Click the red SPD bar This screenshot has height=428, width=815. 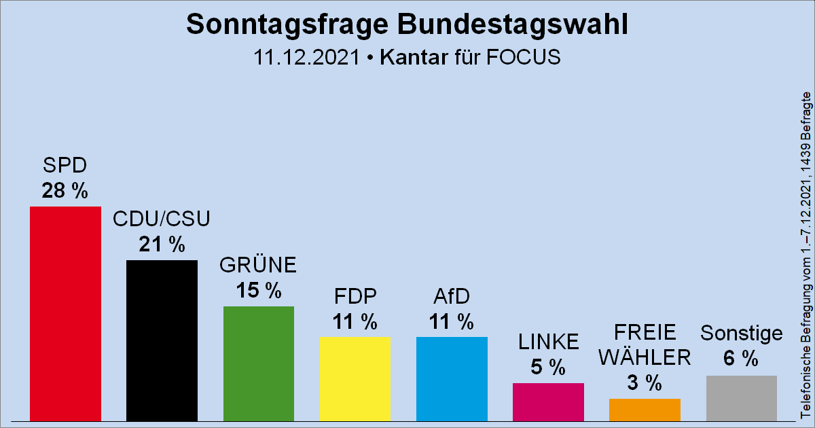click(65, 313)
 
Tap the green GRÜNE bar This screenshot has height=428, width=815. click(259, 363)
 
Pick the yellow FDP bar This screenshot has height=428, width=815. click(355, 378)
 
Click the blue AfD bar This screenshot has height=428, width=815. click(452, 378)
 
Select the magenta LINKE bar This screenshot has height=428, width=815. click(548, 402)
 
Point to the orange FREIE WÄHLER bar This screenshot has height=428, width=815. click(645, 409)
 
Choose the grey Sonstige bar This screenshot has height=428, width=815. click(741, 397)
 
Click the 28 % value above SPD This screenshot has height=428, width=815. click(65, 191)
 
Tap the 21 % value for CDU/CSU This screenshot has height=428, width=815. click(162, 245)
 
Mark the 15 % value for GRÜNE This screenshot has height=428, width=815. click(258, 291)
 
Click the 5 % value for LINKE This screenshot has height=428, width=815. click(548, 368)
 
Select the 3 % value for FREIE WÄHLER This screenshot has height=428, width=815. click(645, 383)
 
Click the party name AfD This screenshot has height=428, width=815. click(452, 297)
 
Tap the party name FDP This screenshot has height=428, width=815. click(355, 297)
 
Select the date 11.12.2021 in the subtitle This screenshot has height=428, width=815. click(306, 57)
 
